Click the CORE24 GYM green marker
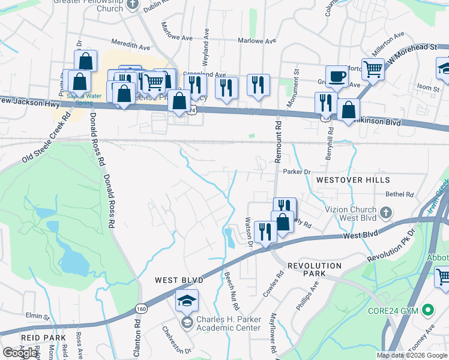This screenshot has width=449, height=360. coord(428,311)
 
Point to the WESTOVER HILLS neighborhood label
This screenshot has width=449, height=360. coord(353,180)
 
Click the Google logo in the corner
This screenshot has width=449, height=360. coord(20,352)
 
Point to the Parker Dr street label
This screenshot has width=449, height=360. coord(296,172)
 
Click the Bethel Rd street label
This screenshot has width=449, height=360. coord(400,194)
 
